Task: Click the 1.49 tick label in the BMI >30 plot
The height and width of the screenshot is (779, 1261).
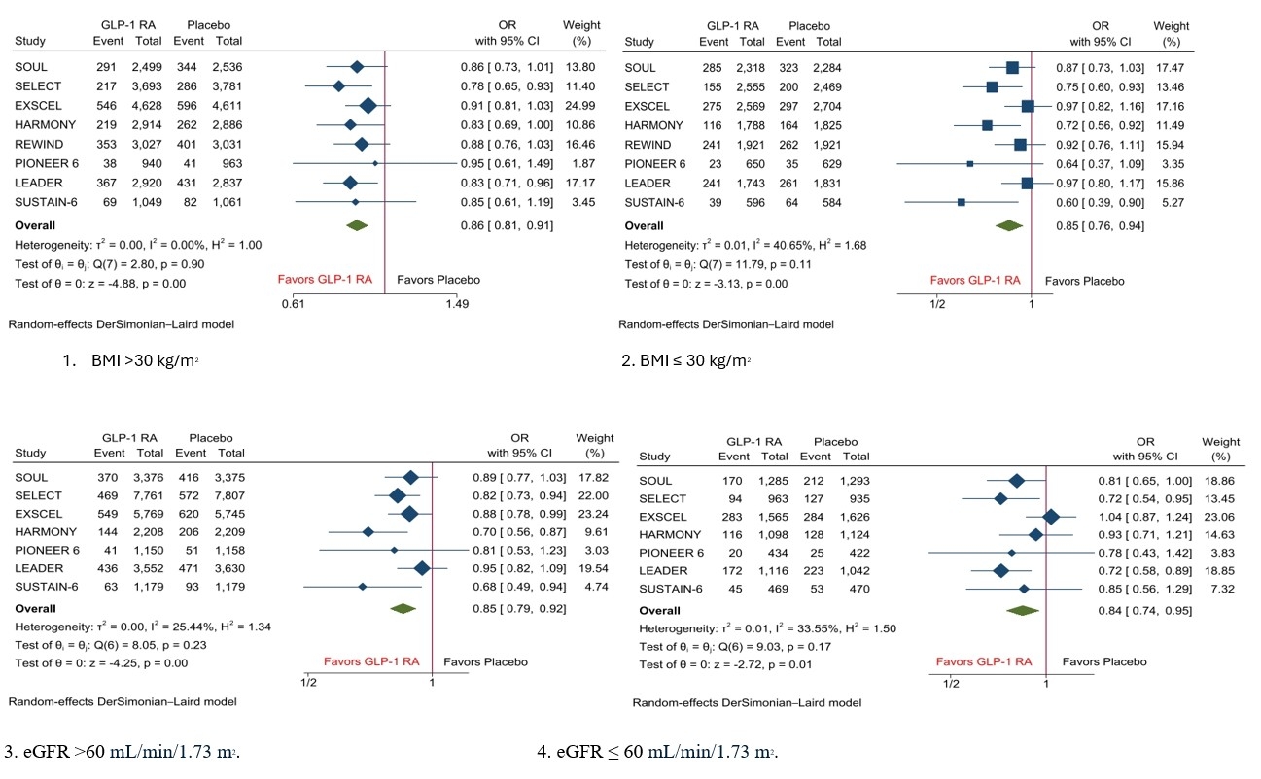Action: tap(457, 304)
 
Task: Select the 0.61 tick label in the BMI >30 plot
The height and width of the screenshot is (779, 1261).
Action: tap(293, 304)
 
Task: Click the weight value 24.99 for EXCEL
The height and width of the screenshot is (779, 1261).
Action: tap(580, 105)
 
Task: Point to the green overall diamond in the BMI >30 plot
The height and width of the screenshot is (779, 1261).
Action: tap(358, 225)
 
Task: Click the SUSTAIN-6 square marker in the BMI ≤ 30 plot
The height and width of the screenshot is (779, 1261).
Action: tap(961, 202)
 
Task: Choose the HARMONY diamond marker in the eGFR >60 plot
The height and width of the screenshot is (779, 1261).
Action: tap(368, 531)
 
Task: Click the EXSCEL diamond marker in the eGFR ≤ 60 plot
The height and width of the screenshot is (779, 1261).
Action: tap(1050, 517)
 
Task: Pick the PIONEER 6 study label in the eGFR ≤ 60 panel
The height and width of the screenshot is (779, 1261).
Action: tap(670, 553)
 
